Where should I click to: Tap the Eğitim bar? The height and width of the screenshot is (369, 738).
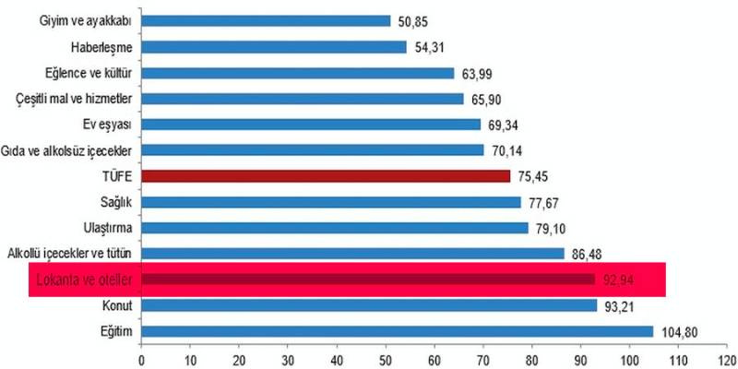click(397, 331)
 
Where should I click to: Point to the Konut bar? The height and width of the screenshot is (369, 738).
click(369, 305)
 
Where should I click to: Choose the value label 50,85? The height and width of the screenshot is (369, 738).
click(411, 20)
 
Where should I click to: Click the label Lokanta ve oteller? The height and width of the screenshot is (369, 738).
click(83, 279)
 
